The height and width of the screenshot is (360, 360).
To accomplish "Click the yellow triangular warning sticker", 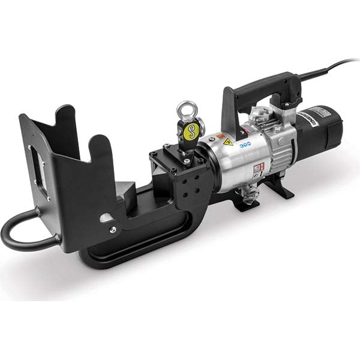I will click(228, 142).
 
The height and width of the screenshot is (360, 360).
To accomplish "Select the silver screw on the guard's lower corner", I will click(112, 229).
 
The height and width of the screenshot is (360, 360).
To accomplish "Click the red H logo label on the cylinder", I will click(257, 169).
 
